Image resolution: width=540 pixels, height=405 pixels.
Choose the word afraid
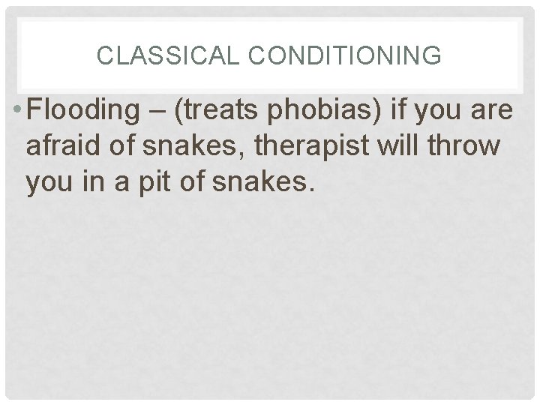coord(61,147)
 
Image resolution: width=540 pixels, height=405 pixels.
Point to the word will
coord(397,147)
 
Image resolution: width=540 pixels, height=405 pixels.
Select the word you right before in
coord(47,182)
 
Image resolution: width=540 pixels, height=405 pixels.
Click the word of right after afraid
coord(118,147)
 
